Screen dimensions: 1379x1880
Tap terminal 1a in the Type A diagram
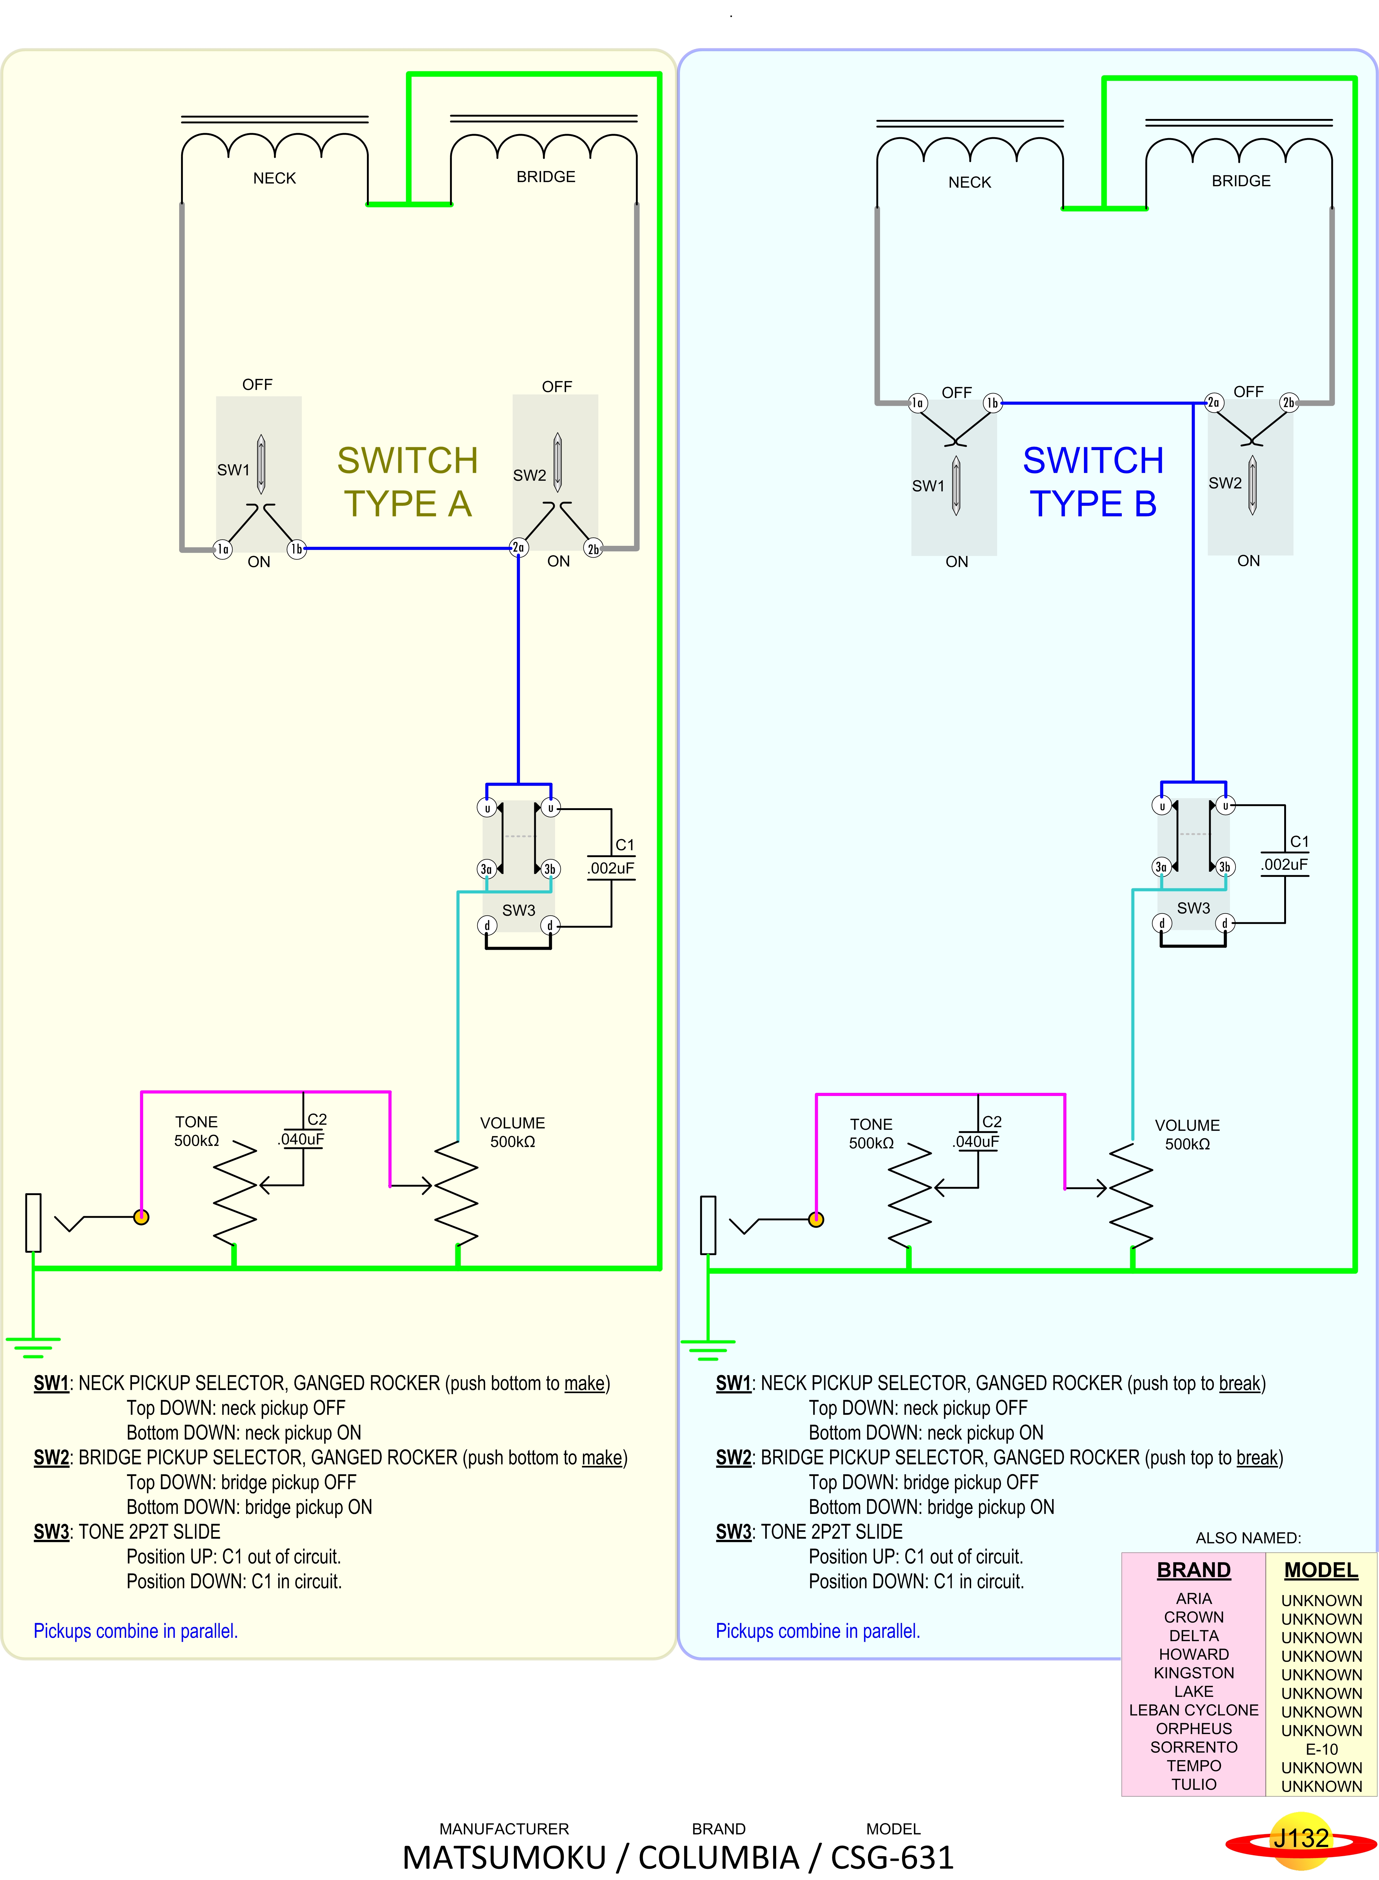click(x=222, y=549)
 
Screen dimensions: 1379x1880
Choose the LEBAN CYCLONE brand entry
click(x=1194, y=1710)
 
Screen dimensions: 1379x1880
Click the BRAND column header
click(x=1194, y=1570)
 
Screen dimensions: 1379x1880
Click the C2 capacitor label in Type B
click(x=992, y=1121)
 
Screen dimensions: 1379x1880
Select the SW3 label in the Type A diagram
click(x=518, y=909)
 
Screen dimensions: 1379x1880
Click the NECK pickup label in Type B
click(x=969, y=182)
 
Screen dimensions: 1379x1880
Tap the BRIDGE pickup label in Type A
click(x=546, y=176)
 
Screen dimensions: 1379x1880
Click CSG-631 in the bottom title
click(x=892, y=1857)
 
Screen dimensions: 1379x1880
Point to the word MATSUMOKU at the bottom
click(x=504, y=1857)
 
